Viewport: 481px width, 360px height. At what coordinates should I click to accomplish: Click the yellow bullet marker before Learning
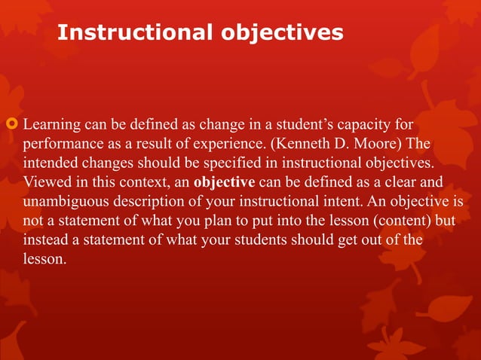tap(12, 123)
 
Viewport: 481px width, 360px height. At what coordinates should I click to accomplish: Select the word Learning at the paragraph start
tap(50, 123)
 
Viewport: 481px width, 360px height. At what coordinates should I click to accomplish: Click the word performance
tap(62, 142)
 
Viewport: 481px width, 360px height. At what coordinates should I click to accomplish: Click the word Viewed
tap(44, 182)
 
